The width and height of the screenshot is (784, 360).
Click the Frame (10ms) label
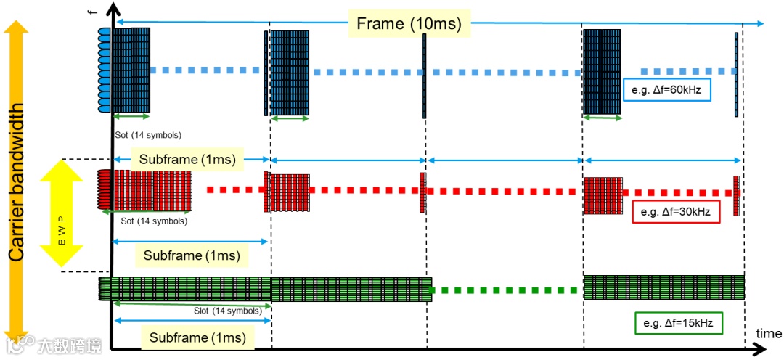409,23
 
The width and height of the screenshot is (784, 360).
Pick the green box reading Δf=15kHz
678,323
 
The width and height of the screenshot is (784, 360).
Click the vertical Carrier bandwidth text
16,181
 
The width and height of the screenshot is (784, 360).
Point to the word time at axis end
768,332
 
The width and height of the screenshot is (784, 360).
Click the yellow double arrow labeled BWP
64,214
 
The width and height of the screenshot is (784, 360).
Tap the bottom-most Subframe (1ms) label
197,337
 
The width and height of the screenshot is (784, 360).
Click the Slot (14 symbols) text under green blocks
228,311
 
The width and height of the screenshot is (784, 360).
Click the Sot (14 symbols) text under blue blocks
148,135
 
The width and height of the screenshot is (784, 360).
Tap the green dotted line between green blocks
507,290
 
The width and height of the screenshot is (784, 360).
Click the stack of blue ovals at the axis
104,70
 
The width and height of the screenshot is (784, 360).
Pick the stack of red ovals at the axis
103,189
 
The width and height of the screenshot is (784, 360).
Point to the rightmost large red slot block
603,196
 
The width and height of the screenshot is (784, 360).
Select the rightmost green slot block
663,287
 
